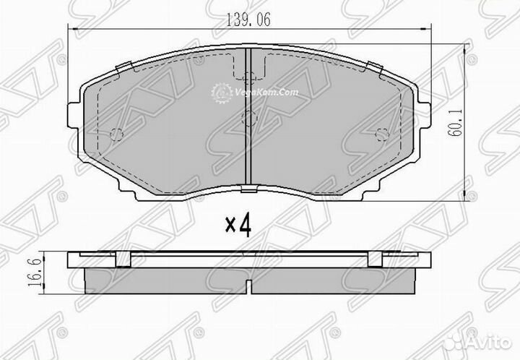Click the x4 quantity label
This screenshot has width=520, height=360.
(238, 226)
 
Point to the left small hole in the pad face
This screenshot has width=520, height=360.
(120, 133)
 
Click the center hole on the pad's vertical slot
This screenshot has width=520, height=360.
(248, 119)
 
